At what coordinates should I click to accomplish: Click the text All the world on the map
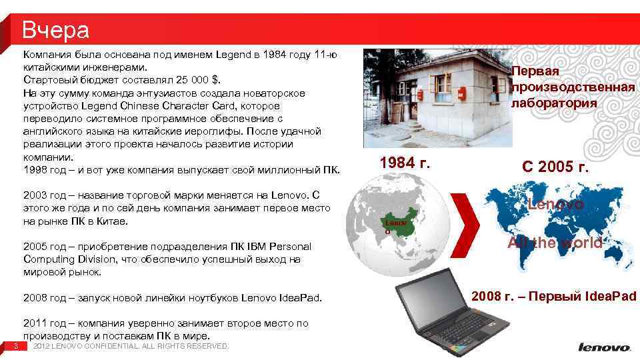click(x=555, y=243)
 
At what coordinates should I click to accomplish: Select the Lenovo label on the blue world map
click(x=556, y=205)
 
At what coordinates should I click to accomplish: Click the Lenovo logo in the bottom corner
click(x=604, y=347)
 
